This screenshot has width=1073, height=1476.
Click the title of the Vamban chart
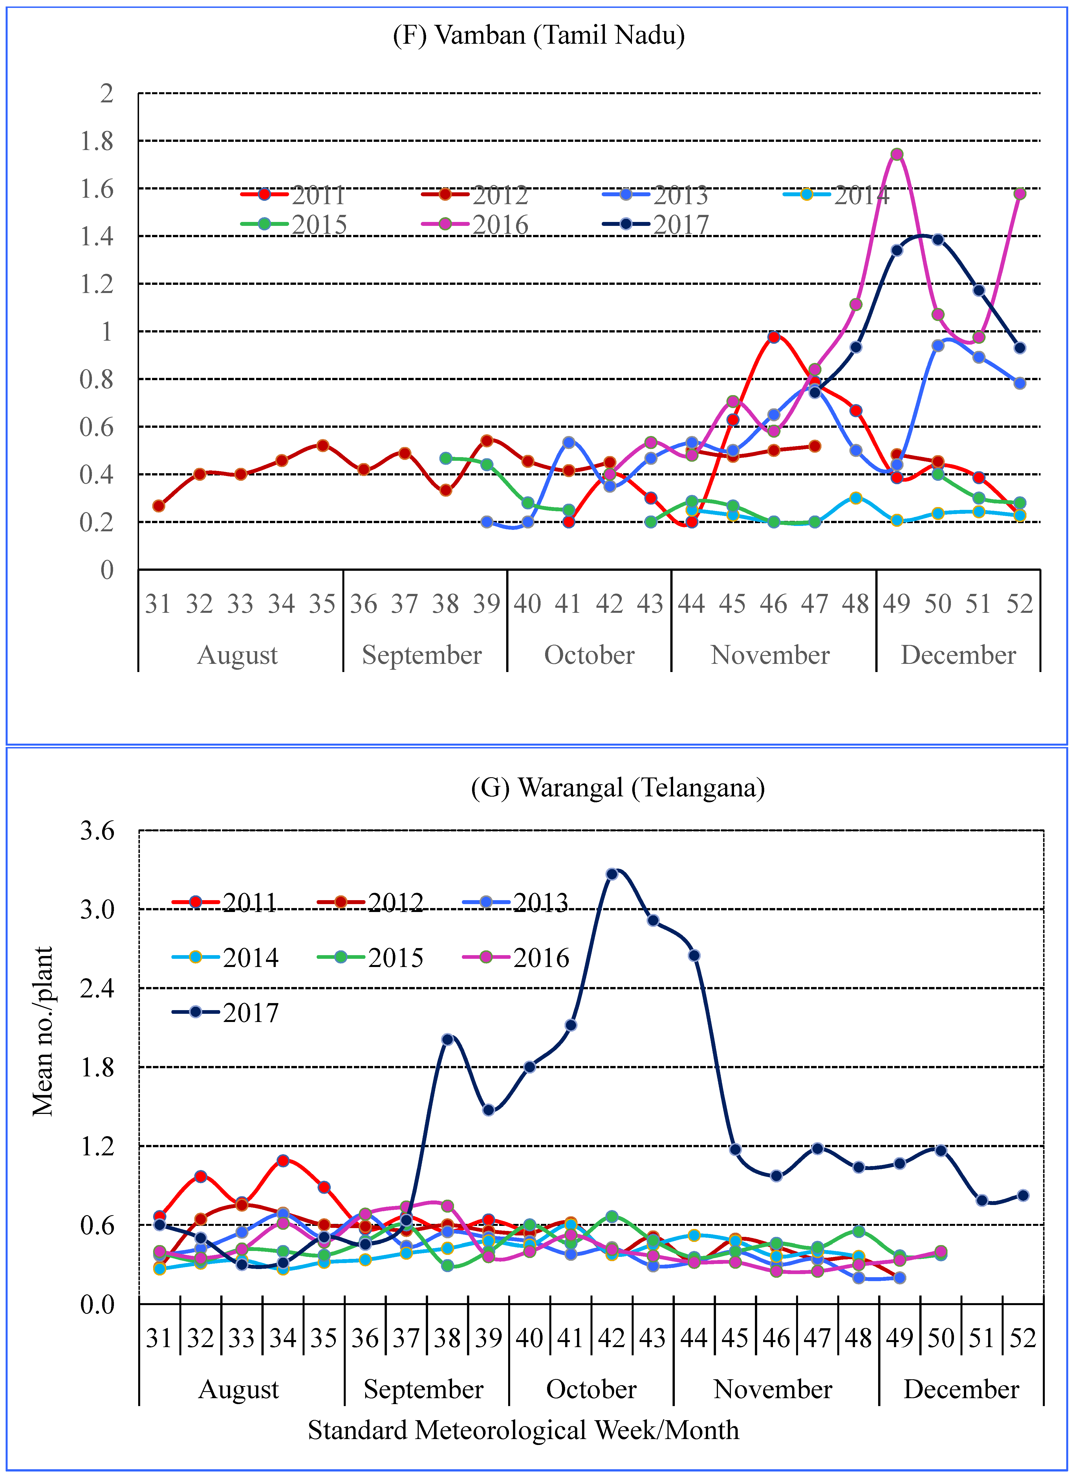[x=539, y=34]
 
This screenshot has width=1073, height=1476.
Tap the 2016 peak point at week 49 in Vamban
[x=897, y=154]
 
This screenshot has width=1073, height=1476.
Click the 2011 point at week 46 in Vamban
[x=774, y=337]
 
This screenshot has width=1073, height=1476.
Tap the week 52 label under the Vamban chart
[x=1020, y=604]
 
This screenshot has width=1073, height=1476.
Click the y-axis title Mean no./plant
[x=43, y=1032]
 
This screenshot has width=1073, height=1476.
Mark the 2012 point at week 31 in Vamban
[x=159, y=506]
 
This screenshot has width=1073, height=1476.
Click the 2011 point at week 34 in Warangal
[x=282, y=1160]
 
